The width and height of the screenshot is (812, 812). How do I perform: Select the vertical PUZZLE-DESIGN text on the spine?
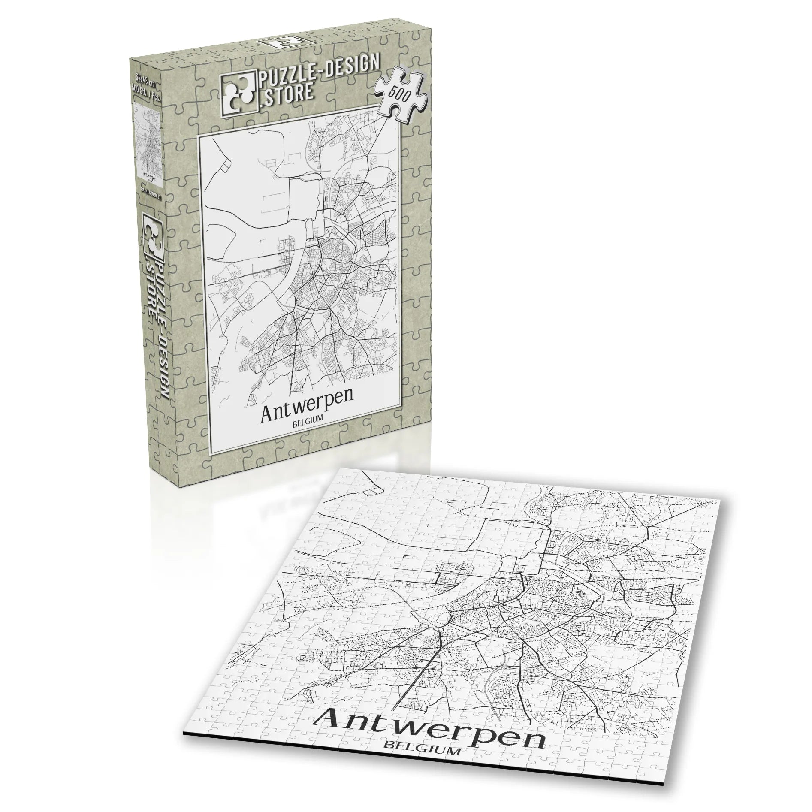162,326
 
